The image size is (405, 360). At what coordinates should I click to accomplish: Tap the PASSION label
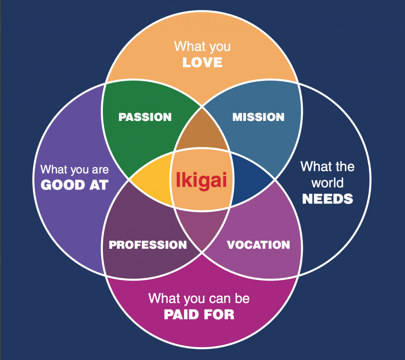(145, 117)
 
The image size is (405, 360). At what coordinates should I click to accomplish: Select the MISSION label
(258, 117)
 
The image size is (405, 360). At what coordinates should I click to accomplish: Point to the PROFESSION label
(148, 245)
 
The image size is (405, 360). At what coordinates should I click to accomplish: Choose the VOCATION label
(258, 245)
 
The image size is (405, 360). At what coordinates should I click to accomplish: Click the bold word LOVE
(202, 63)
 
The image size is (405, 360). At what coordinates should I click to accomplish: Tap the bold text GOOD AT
(74, 185)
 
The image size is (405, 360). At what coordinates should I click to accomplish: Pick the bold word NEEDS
(327, 199)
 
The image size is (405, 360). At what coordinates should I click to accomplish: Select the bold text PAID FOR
(199, 314)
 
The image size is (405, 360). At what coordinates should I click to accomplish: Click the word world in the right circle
(327, 183)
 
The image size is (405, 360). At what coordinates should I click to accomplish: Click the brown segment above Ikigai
(202, 132)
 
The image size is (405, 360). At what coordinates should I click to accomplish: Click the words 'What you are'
(74, 170)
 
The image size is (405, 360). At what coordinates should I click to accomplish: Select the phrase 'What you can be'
(199, 298)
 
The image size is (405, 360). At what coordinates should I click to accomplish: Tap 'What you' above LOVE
(202, 46)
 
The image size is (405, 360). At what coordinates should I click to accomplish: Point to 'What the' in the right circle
(327, 166)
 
